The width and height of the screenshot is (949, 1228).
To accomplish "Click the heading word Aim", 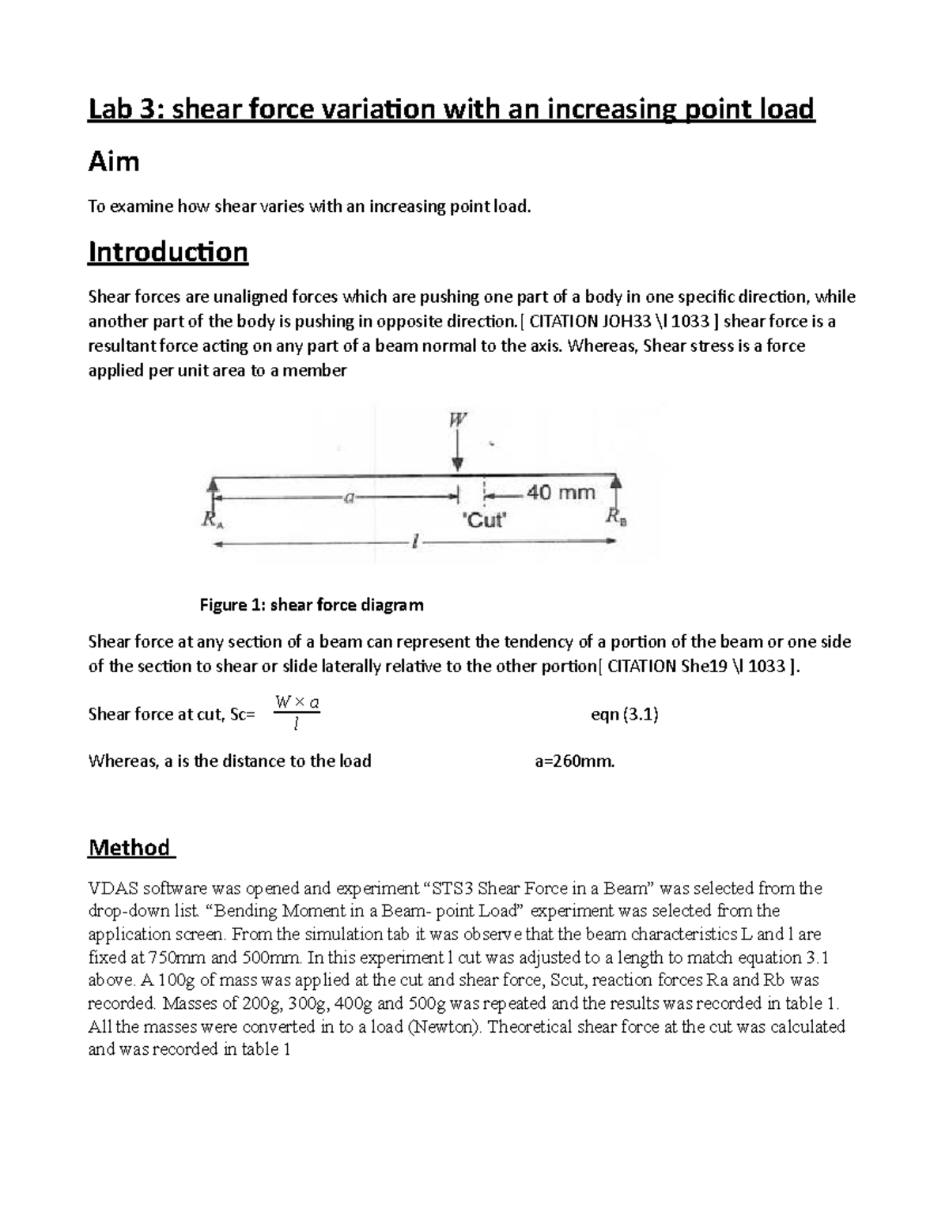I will (x=114, y=162).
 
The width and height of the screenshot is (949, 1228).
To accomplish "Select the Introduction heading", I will (x=168, y=252).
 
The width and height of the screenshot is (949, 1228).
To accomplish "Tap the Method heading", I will (x=130, y=848).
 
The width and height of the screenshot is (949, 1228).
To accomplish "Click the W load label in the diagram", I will (x=458, y=421).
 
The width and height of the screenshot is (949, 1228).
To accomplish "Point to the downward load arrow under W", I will (x=458, y=455).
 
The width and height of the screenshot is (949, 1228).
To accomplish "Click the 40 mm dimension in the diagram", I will (x=561, y=493).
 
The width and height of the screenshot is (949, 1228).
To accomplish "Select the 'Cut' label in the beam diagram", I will (x=482, y=520).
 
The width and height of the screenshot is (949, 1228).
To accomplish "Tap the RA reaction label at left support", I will (x=211, y=520).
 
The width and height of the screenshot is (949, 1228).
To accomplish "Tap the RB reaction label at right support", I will (x=616, y=518).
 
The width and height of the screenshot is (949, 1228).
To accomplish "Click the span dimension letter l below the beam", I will (x=414, y=542).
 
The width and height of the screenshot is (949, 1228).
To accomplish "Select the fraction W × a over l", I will (x=296, y=713).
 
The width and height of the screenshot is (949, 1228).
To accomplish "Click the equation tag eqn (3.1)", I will (x=625, y=715).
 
